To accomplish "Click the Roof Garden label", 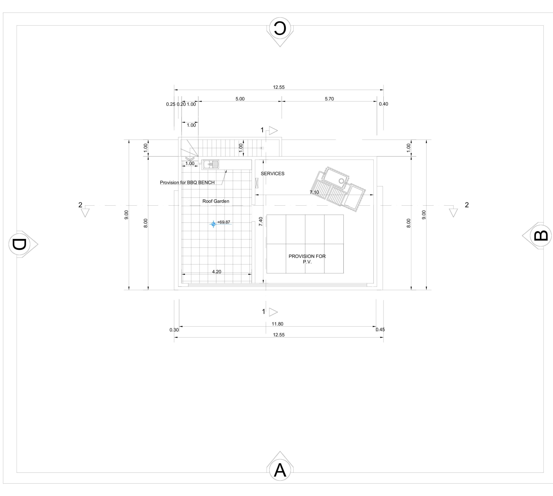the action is tap(216, 201).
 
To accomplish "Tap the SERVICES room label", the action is tap(272, 174).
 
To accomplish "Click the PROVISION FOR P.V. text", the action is tap(307, 259).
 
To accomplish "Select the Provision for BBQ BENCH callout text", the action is tap(187, 183).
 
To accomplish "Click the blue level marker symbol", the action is tap(213, 224).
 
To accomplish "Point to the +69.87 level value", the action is tap(223, 222).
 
